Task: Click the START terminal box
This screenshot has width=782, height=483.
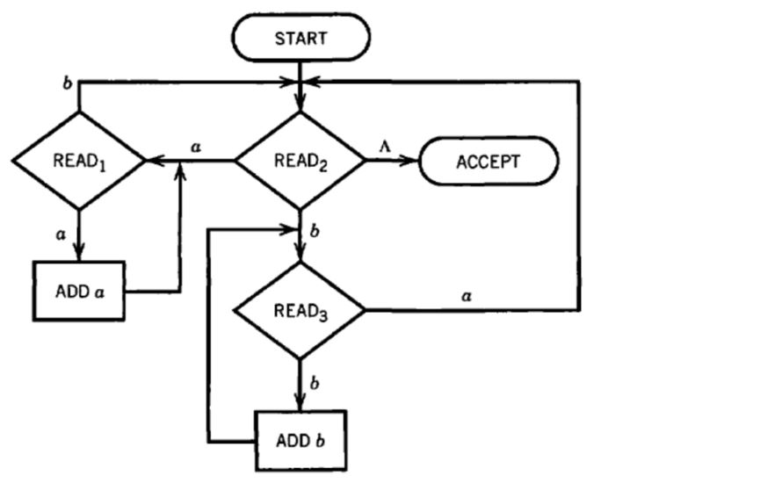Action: [x=300, y=38]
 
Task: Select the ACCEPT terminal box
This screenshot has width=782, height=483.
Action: [x=488, y=162]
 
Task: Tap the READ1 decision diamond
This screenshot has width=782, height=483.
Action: [x=78, y=161]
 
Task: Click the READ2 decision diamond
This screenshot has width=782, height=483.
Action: [x=300, y=161]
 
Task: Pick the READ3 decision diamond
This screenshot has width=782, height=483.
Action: [x=300, y=310]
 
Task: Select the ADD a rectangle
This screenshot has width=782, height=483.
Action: [x=78, y=291]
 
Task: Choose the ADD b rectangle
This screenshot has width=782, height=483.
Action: [x=300, y=439]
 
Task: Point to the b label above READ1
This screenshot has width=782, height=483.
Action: [x=67, y=83]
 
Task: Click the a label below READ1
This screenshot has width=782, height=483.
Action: [x=61, y=234]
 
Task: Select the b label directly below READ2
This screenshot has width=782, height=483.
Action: [x=315, y=233]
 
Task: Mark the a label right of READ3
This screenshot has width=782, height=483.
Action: [x=467, y=297]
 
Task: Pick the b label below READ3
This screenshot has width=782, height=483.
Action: [x=315, y=384]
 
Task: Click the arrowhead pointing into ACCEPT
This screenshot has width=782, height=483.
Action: [x=412, y=162]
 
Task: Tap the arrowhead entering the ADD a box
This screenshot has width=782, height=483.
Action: [x=78, y=254]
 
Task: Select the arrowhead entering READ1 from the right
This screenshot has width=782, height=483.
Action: [x=151, y=162]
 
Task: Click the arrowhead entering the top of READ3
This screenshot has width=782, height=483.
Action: [x=300, y=256]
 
